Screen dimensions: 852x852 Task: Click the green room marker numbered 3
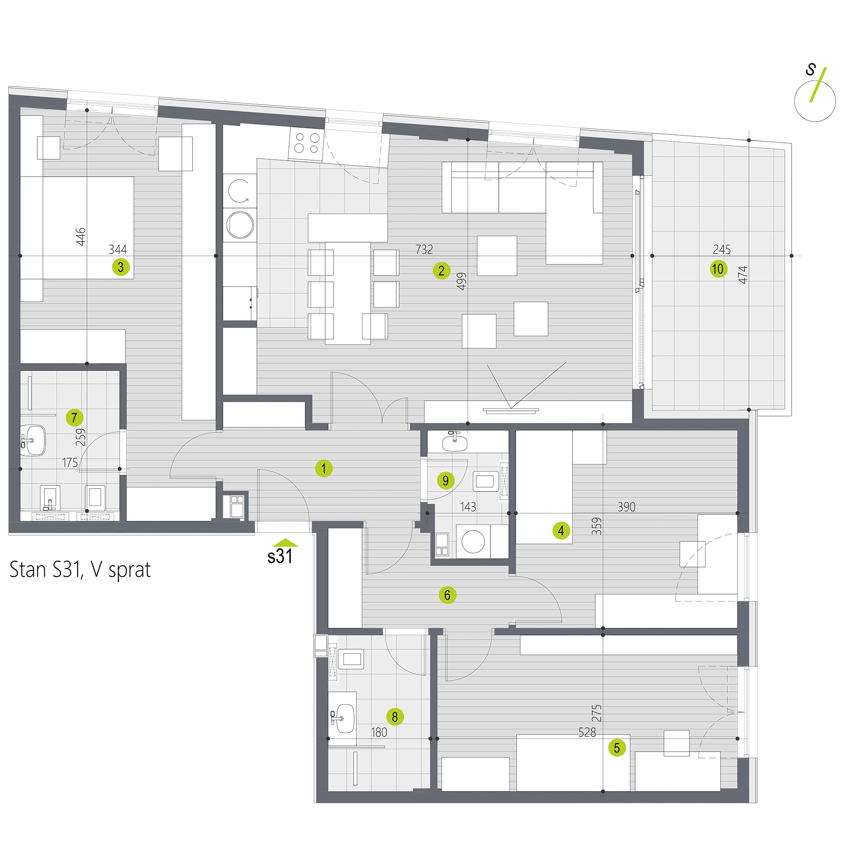pos(121,267)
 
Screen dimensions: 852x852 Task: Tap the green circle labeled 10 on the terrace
pos(718,269)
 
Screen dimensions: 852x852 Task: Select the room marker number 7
pos(74,418)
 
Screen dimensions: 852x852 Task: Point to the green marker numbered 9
pos(446,481)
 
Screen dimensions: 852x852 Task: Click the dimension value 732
pos(424,249)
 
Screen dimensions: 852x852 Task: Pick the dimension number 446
pos(80,237)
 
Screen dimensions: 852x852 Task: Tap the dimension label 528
pos(587,732)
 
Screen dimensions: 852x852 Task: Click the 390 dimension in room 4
pos(626,507)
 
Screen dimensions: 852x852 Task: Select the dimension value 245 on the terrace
pos(722,249)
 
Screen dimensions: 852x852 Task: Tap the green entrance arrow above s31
pos(285,542)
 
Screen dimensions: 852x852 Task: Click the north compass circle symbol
pos(815,101)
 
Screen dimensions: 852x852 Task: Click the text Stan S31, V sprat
pos(80,570)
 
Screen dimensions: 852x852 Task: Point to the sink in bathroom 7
pos(33,440)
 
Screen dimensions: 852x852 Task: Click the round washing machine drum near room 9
pos(473,541)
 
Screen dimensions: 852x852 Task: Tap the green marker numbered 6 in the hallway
pos(447,595)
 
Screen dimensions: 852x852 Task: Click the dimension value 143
pos(468,507)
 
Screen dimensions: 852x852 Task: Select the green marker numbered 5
pos(617,748)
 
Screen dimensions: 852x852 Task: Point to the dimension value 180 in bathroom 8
pos(379,732)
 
